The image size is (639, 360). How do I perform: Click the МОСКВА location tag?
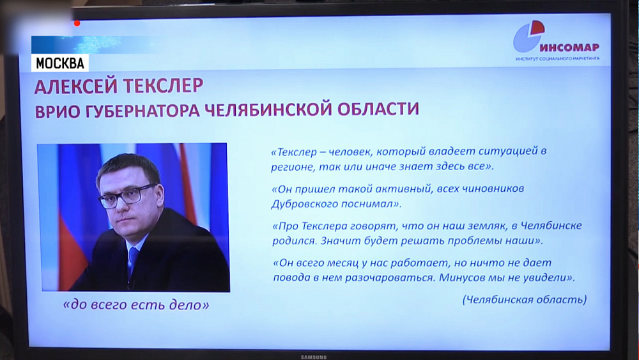[60, 63]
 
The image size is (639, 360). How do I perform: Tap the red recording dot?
[77, 24]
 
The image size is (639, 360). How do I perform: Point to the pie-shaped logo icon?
[529, 36]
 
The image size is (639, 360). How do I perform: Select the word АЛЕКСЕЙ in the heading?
[75, 86]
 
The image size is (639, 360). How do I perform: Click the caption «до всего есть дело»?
[136, 306]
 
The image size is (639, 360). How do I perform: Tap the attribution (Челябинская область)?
[524, 299]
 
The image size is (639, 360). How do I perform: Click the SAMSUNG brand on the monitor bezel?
[314, 356]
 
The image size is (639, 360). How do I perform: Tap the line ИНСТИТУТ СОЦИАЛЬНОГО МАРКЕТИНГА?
[557, 59]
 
